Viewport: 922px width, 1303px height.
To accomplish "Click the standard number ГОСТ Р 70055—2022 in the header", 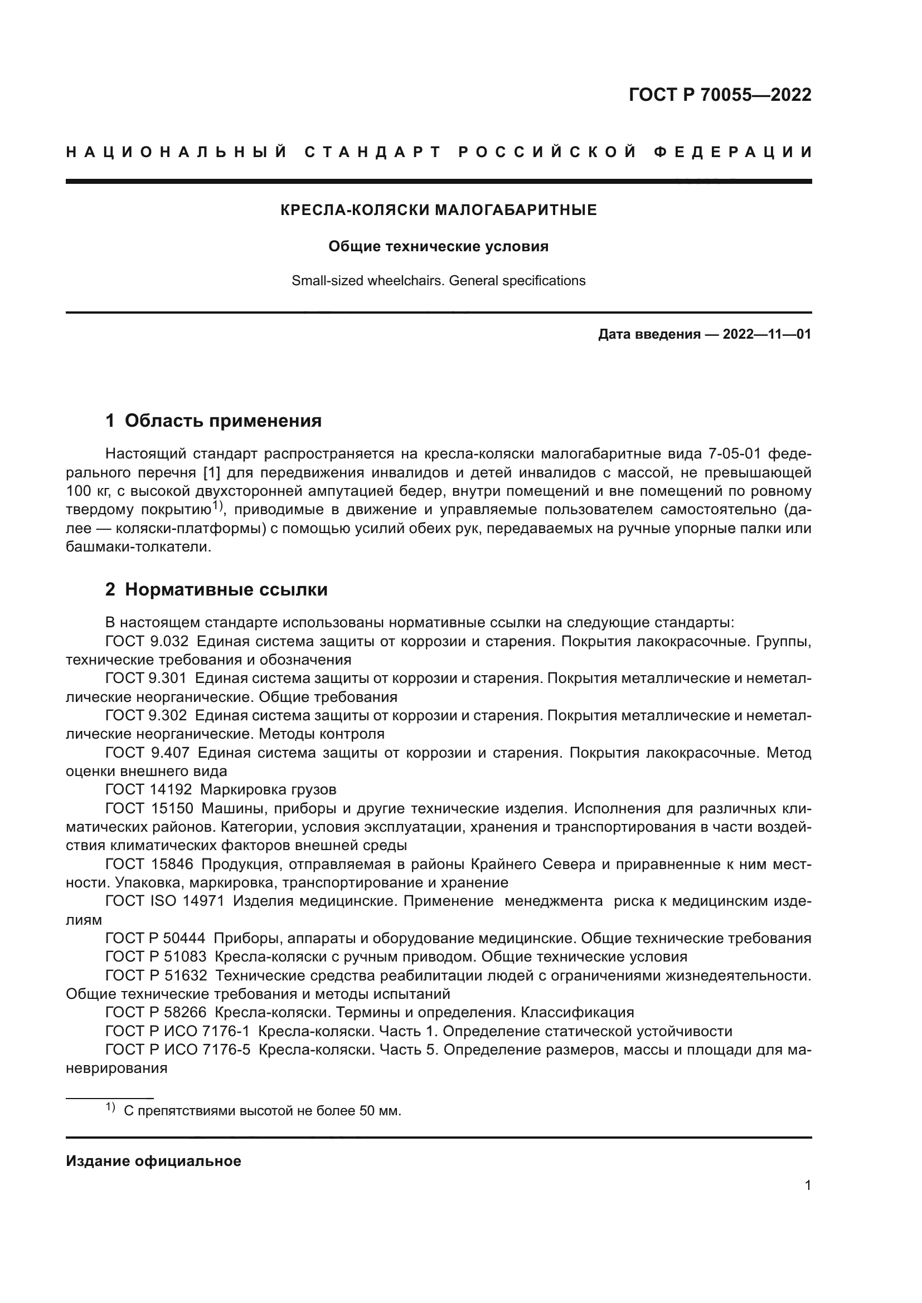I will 720,95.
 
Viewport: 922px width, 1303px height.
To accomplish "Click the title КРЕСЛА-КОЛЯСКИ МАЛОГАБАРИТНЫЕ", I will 438,211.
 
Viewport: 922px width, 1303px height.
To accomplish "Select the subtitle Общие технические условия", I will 438,247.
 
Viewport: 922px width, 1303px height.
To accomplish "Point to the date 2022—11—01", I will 766,334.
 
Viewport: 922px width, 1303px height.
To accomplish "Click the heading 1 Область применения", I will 213,421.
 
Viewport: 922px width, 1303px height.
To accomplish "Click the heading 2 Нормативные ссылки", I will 216,590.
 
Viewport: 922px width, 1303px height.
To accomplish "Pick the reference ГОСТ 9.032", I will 146,642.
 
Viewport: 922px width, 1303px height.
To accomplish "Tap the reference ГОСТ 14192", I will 149,790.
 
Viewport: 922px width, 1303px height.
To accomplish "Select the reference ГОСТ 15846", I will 149,865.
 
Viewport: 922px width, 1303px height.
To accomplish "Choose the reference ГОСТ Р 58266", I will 156,1012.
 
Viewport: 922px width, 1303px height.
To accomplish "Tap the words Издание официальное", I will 153,1162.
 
